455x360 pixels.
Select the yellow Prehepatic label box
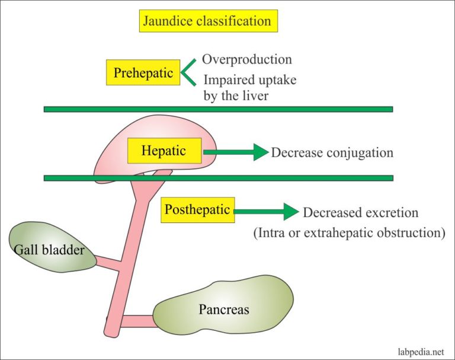point(143,73)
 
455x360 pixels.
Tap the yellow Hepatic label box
point(164,151)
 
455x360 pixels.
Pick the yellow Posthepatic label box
point(197,209)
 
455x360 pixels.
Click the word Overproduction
point(246,59)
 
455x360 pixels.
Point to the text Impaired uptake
point(249,80)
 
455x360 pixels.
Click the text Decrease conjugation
point(332,152)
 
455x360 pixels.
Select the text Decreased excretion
point(360,212)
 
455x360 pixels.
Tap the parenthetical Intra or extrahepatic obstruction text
point(349,233)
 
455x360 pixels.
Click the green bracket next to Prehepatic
point(187,74)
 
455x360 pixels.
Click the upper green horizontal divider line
point(218,109)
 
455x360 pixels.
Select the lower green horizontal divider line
point(218,177)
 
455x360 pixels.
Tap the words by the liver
point(236,95)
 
